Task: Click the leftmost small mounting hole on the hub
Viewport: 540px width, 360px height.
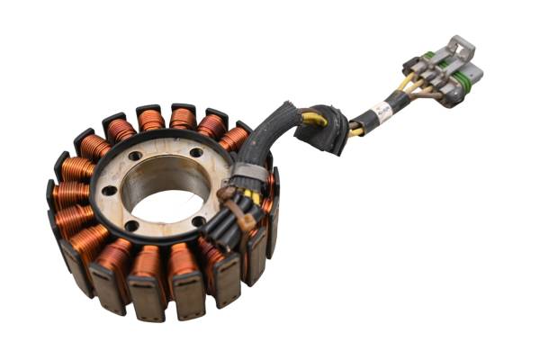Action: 108,190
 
